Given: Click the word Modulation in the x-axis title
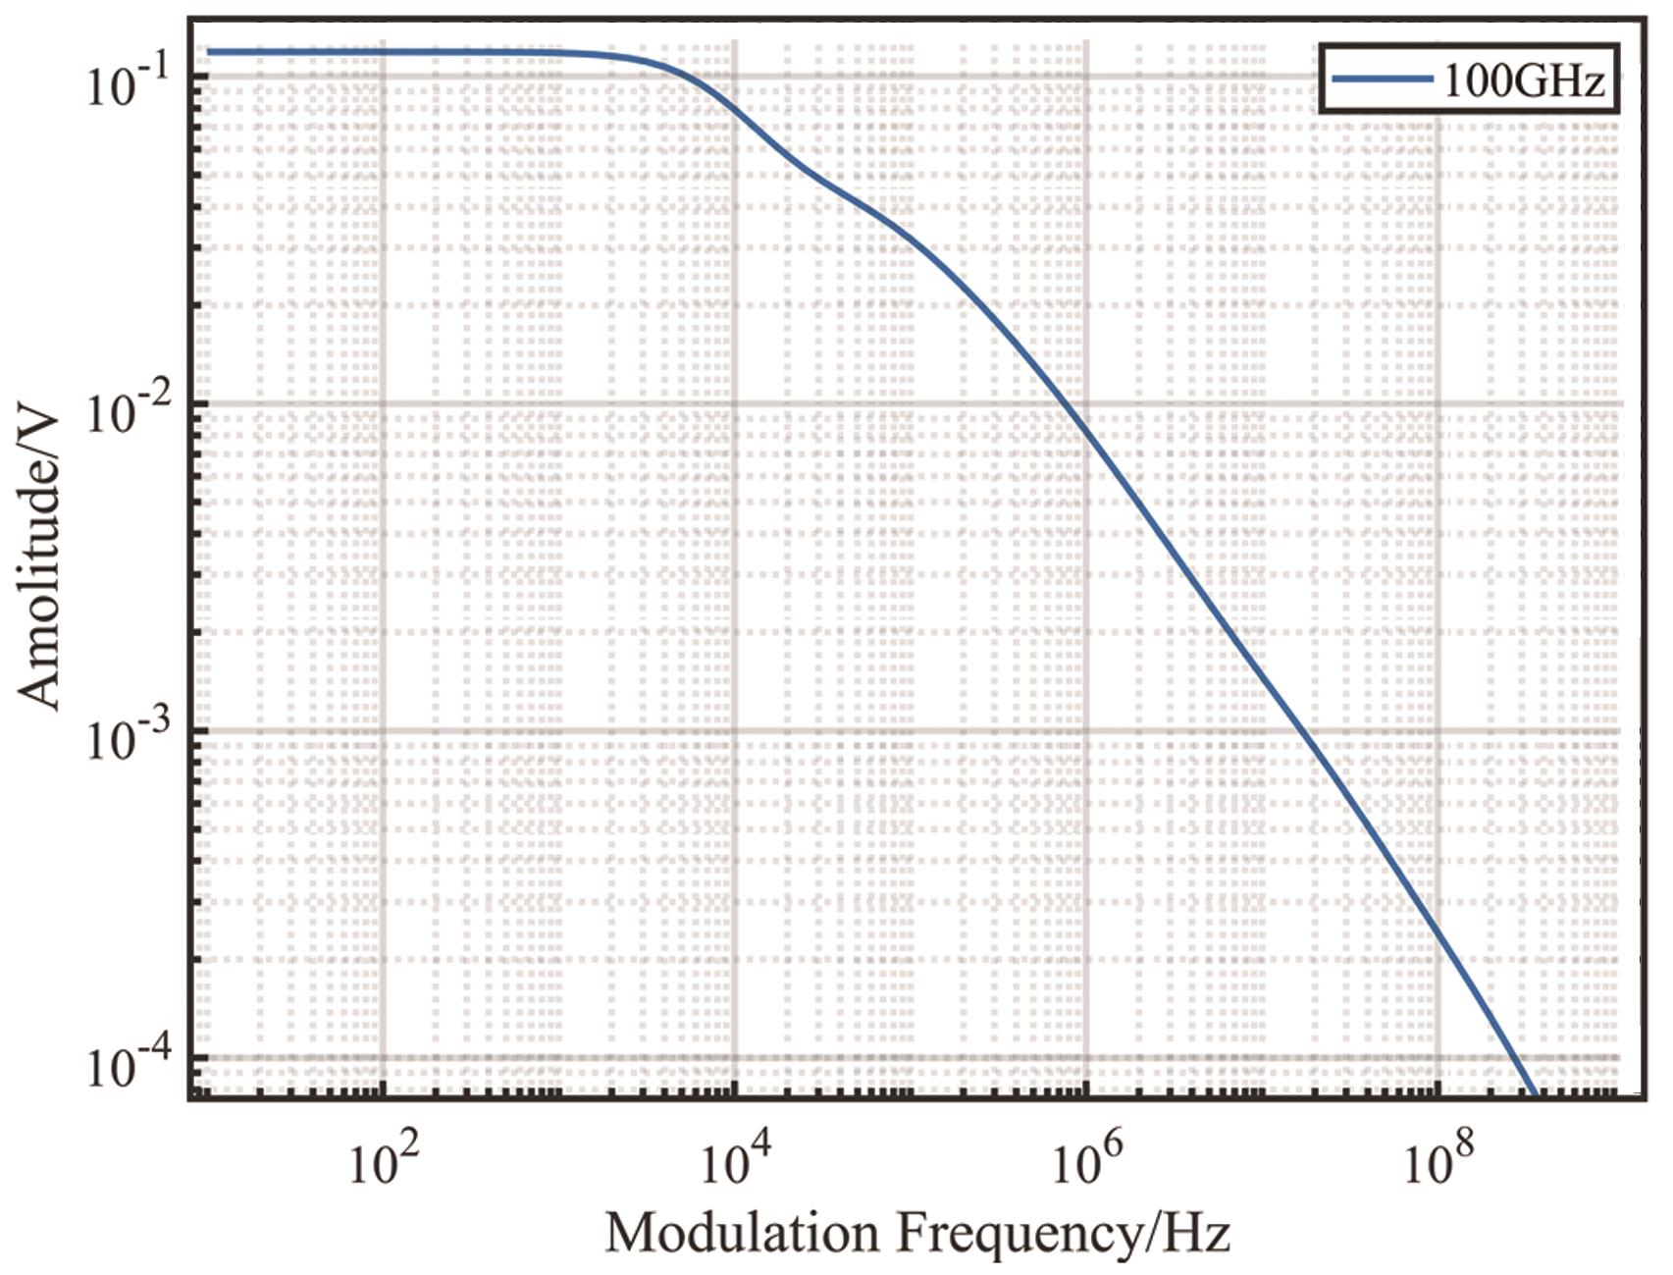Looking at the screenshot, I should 742,1233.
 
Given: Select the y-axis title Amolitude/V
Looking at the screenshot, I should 41,559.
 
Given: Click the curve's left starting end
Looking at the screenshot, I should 209,51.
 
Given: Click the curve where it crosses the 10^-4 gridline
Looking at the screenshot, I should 1516,1058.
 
